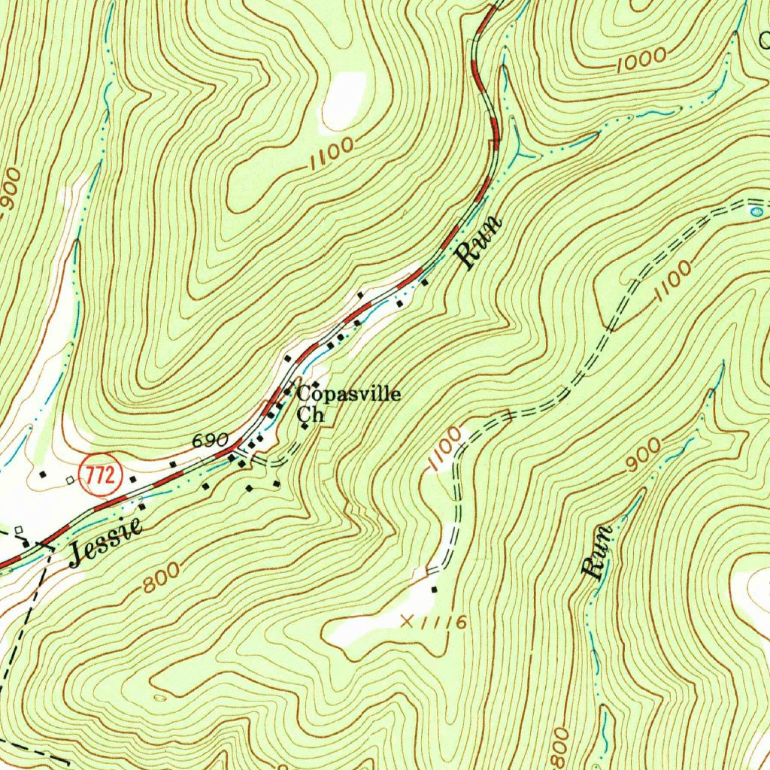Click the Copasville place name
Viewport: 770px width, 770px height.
349,395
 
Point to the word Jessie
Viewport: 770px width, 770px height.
106,541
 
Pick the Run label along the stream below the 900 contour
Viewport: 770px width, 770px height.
598,553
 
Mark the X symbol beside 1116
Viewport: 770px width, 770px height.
408,621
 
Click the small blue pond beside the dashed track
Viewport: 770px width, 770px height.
756,213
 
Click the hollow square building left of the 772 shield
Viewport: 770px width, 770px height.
69,480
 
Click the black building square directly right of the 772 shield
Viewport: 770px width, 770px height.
133,478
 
